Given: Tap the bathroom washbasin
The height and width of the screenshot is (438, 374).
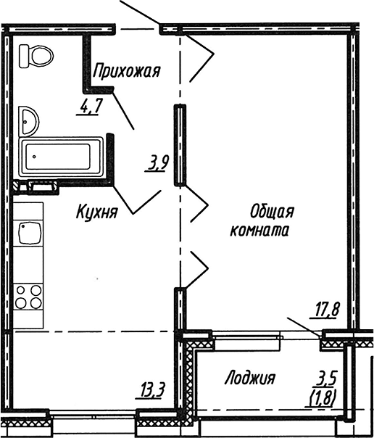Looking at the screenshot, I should (30, 119).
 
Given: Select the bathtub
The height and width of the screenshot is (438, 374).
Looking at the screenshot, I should (57, 157).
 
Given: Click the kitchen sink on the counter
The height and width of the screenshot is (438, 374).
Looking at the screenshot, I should (29, 234).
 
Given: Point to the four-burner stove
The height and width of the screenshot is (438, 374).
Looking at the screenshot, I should (28, 298).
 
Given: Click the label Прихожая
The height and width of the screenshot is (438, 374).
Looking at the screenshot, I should (126, 71).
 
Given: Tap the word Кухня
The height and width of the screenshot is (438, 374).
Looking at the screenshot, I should (98, 212).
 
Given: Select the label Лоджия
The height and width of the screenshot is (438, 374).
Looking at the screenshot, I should (249, 379).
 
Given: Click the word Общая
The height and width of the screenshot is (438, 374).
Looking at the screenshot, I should (271, 212).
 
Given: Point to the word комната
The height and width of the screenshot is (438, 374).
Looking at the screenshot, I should (259, 231).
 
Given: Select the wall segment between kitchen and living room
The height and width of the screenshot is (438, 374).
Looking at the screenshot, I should (179, 145).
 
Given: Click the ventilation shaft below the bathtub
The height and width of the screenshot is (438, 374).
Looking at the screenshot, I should (37, 188).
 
